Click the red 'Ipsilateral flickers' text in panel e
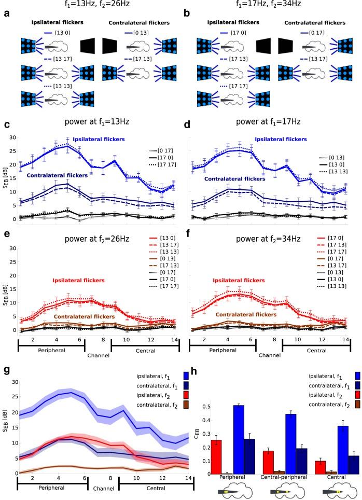tap(83, 280)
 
